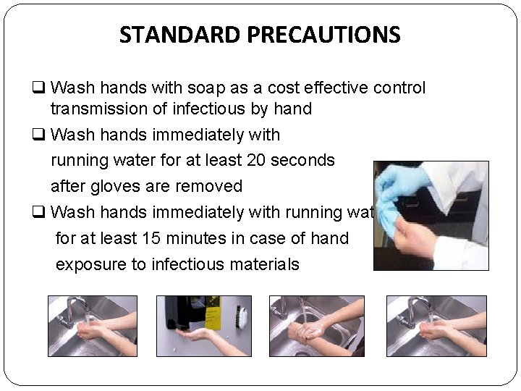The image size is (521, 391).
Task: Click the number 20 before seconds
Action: [x=257, y=160]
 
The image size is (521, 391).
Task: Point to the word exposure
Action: [x=90, y=264]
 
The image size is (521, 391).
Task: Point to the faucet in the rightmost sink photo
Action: [x=415, y=308]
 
